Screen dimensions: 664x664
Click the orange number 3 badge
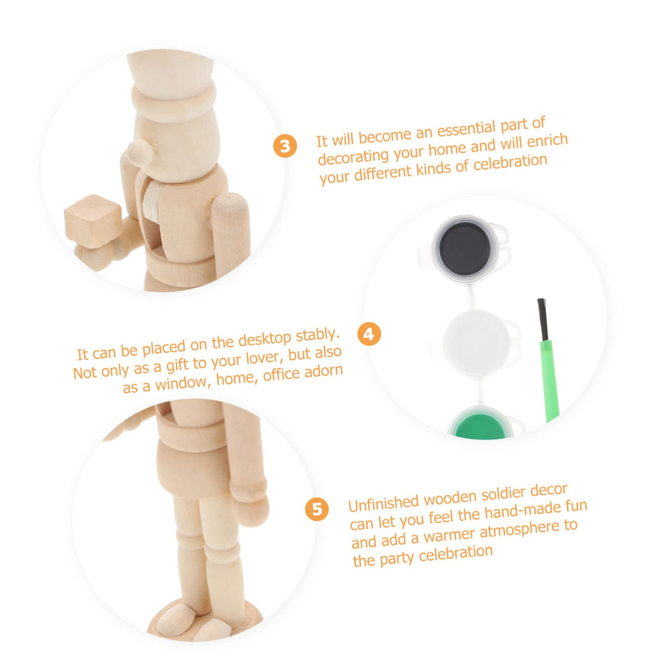[285, 145]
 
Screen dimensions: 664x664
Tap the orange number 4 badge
[369, 334]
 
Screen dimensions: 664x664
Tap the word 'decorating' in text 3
[353, 155]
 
